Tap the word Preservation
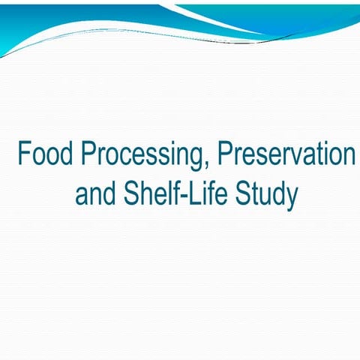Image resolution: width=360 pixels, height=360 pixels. point(286,154)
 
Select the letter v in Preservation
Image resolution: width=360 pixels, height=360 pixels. point(302,157)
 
